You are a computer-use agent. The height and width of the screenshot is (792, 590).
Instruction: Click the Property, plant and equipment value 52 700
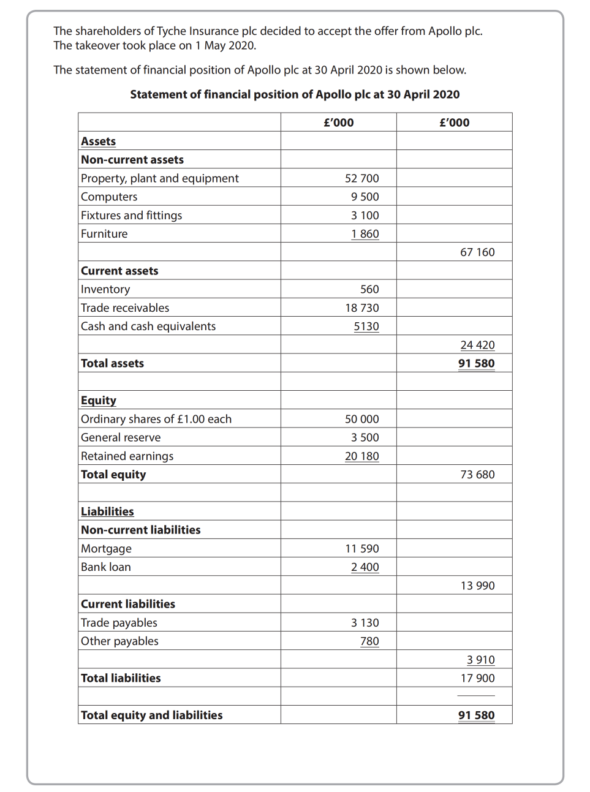(x=361, y=178)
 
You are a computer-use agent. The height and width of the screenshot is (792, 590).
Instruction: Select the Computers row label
(x=109, y=197)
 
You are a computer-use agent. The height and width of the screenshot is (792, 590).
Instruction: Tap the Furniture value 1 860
(x=365, y=234)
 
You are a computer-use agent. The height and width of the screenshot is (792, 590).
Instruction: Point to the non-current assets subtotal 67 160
(x=477, y=252)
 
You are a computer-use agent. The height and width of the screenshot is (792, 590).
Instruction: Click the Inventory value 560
(x=369, y=289)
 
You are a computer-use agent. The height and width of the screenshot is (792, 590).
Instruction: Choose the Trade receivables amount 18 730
(x=361, y=308)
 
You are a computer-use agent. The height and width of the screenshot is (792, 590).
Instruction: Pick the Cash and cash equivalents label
(x=148, y=326)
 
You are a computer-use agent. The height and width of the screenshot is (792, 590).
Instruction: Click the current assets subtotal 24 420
(x=477, y=345)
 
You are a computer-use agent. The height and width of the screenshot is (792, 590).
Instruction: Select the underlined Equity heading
(x=99, y=401)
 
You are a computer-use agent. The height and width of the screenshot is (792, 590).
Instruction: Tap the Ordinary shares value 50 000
(x=361, y=419)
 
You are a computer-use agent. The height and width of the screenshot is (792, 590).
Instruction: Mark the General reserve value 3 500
(x=365, y=437)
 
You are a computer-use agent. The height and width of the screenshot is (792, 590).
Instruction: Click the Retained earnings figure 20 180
(x=361, y=456)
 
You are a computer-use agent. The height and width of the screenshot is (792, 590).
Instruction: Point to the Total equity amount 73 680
(x=477, y=475)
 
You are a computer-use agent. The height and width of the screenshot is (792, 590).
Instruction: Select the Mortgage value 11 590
(x=361, y=549)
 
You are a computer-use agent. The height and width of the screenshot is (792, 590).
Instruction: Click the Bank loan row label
(x=106, y=567)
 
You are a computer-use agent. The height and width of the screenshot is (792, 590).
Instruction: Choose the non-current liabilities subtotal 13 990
(x=477, y=586)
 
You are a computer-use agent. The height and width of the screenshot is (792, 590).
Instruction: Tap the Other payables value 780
(x=369, y=641)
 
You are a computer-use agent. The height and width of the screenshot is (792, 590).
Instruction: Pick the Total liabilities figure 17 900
(x=477, y=678)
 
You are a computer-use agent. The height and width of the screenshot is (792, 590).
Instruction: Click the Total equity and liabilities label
(x=152, y=715)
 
